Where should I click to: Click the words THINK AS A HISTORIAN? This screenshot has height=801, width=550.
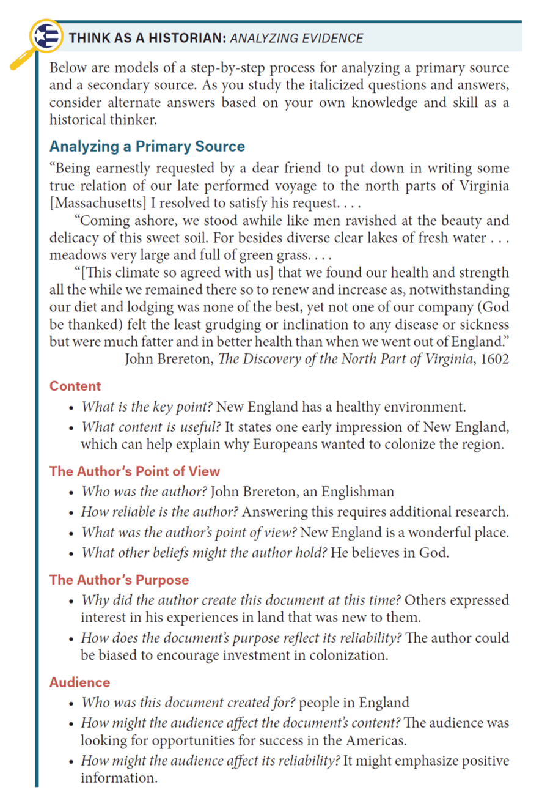[147, 39]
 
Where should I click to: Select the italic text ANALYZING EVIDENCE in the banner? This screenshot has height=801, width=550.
[296, 39]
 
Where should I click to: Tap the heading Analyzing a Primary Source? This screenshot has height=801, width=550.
[147, 147]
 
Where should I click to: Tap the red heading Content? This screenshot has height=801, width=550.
[75, 386]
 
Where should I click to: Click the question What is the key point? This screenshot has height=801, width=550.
[147, 407]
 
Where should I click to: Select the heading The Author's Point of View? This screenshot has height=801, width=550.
[134, 471]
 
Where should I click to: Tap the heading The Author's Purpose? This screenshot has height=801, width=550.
[119, 580]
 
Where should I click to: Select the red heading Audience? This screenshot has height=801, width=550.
[79, 682]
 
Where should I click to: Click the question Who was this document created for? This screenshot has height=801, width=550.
[189, 703]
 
